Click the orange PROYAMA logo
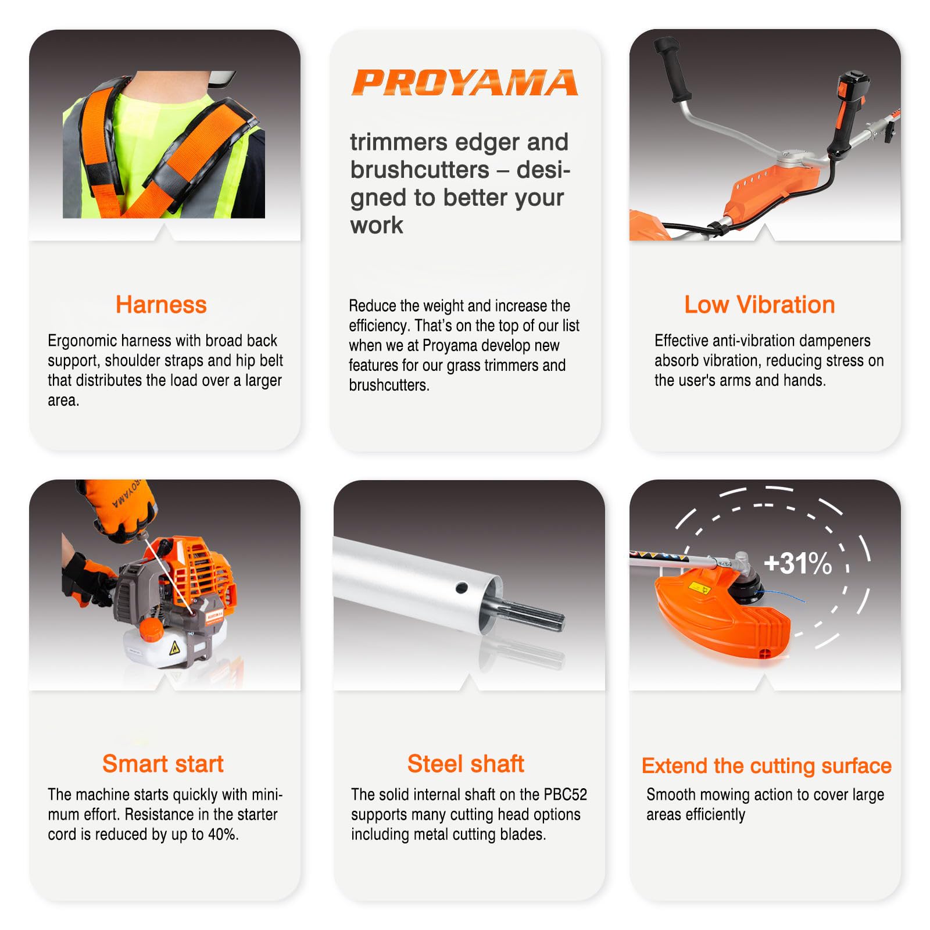pos(465,82)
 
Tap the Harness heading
pos(161,305)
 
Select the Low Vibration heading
pos(759,305)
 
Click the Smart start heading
pos(163,764)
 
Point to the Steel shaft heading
pos(466,764)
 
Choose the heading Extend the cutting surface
pos(766,766)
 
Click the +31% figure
pos(797,563)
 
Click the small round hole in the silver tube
pos(462,587)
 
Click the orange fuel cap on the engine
pos(152,629)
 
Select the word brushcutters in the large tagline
pos(420,170)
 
